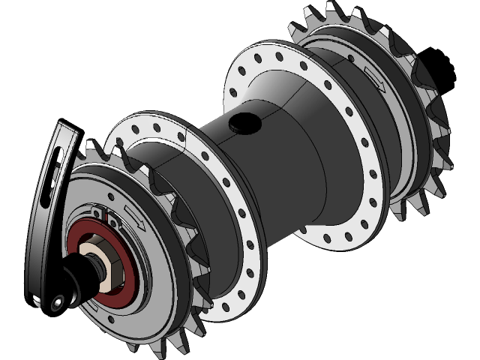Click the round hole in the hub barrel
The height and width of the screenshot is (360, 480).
(241, 122)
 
